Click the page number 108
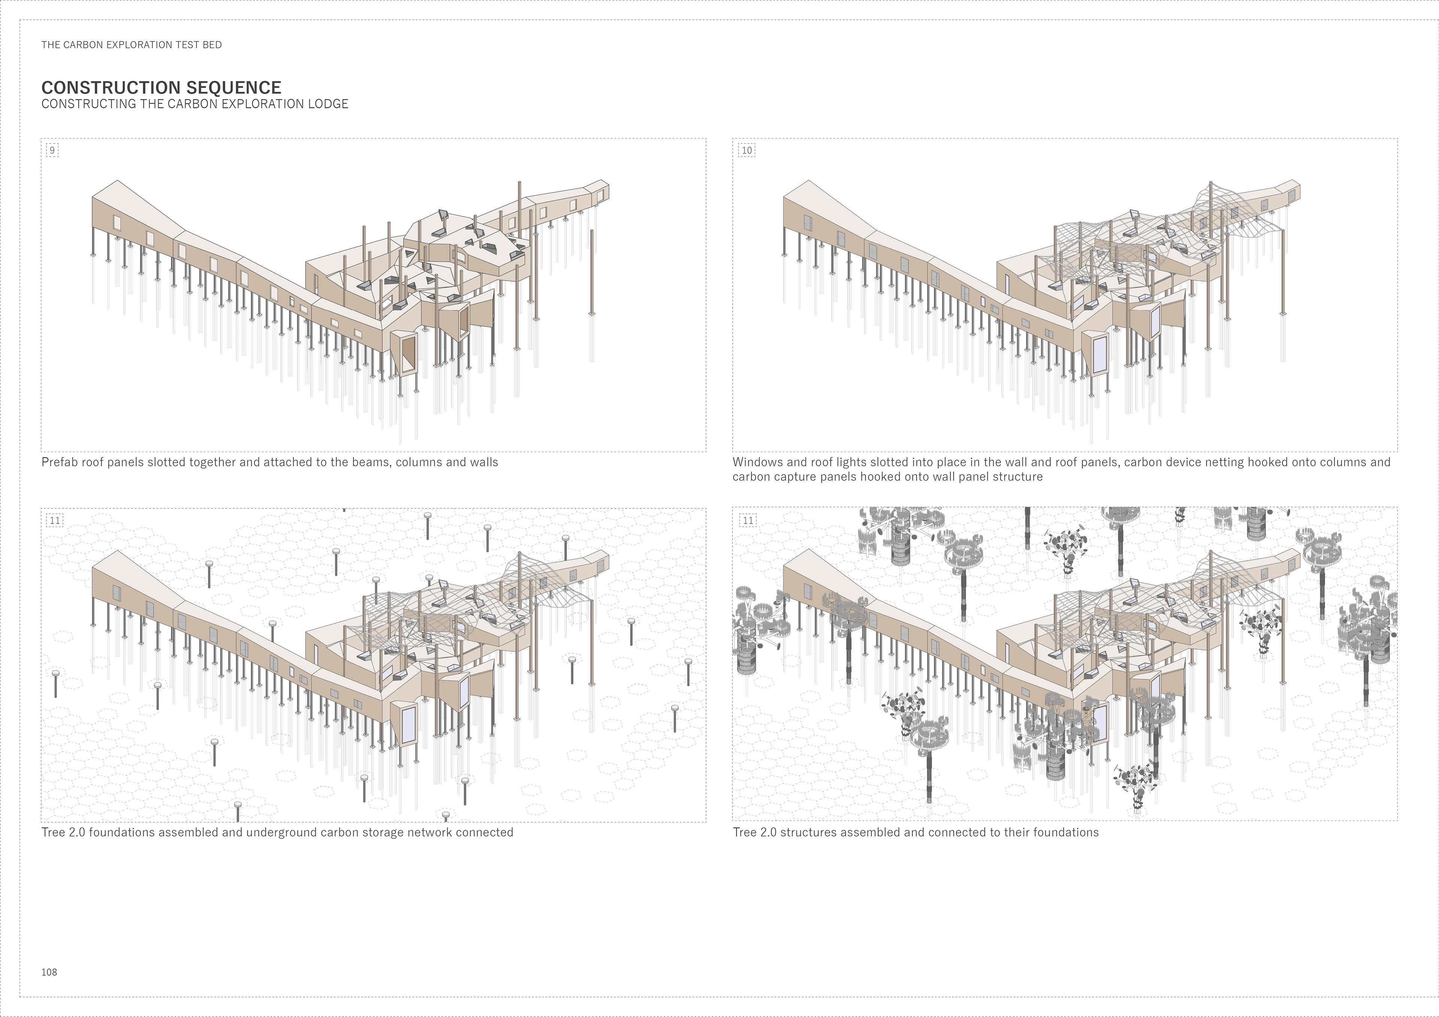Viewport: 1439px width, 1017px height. click(x=49, y=972)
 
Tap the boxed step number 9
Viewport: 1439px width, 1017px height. click(x=52, y=150)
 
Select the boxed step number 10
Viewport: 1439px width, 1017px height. click(x=746, y=150)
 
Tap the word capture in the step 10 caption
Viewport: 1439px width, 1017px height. click(x=792, y=477)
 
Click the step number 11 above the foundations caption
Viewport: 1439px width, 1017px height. click(x=55, y=520)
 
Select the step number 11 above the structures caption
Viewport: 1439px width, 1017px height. click(x=747, y=520)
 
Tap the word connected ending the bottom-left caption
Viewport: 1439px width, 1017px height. click(x=485, y=833)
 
